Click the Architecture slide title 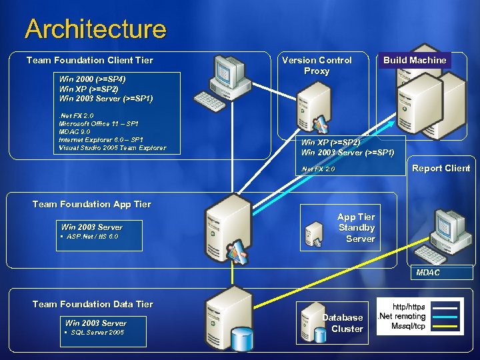[95, 29]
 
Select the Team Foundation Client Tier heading [89, 60]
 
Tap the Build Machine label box [414, 60]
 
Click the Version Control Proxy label [317, 65]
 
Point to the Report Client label [441, 168]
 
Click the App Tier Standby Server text [356, 227]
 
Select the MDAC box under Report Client [428, 273]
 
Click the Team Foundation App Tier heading [91, 204]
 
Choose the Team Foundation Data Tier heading [93, 304]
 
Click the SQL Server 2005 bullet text [97, 333]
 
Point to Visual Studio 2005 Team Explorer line [112, 148]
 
